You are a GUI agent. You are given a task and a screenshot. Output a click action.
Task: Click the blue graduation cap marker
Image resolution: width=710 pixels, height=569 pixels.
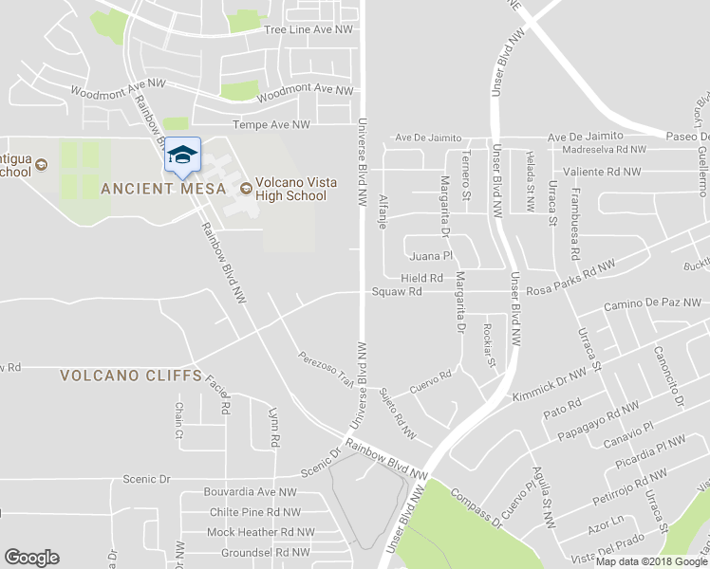click(181, 156)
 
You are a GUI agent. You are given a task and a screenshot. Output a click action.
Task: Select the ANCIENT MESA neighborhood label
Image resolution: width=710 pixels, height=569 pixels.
click(163, 188)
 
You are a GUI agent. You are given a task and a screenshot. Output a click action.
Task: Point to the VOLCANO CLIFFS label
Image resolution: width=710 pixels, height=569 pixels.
click(131, 376)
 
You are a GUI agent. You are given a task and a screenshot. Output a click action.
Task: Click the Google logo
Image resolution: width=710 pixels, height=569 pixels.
click(32, 558)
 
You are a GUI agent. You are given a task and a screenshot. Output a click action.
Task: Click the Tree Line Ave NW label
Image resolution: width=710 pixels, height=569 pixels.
click(308, 30)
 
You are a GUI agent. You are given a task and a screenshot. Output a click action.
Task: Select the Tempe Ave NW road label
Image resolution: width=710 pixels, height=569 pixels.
click(271, 125)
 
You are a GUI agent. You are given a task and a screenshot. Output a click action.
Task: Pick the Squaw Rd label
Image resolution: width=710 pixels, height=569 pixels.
click(397, 292)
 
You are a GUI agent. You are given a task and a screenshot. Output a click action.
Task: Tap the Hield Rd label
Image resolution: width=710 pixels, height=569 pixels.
click(422, 278)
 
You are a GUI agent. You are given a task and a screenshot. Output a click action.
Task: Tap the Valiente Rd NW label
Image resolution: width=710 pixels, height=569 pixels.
click(602, 172)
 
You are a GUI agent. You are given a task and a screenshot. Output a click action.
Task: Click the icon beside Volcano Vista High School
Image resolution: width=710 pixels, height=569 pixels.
click(246, 188)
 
